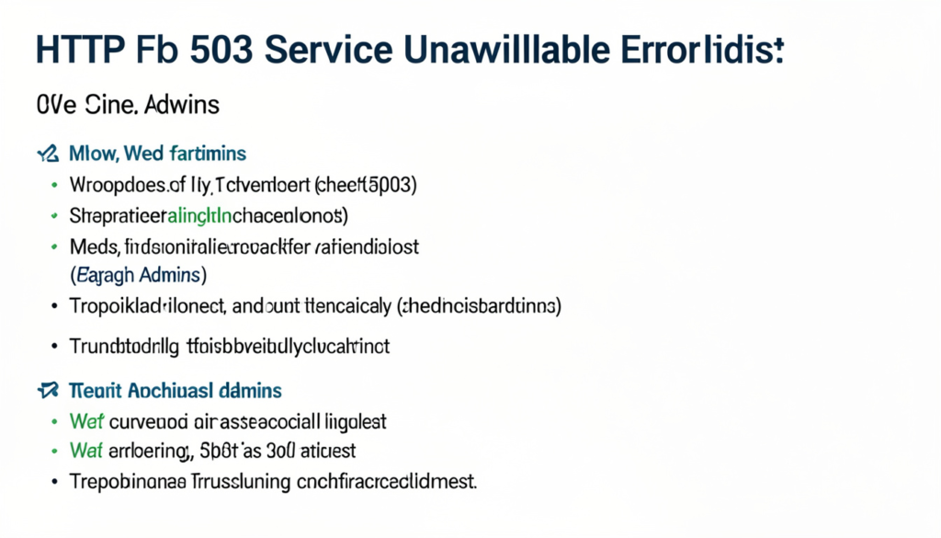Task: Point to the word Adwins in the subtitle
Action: (x=182, y=104)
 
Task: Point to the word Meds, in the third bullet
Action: (x=93, y=247)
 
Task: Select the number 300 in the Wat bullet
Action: (x=283, y=451)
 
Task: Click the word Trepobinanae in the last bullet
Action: (x=123, y=480)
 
